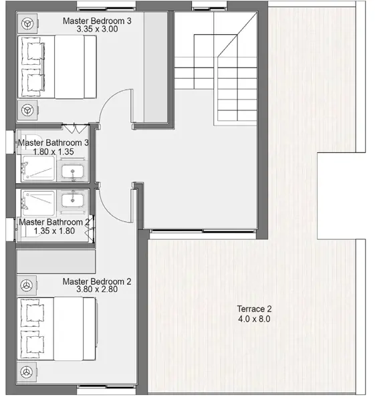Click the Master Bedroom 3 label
tap(97, 21)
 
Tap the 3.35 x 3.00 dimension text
tap(97, 29)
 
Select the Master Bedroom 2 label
tap(97, 281)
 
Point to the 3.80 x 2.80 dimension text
tap(97, 290)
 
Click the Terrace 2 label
tap(254, 309)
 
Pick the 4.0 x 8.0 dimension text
tap(254, 319)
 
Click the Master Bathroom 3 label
tap(53, 143)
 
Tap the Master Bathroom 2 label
tap(53, 222)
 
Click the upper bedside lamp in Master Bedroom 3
tap(27, 23)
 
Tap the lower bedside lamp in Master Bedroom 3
tap(27, 109)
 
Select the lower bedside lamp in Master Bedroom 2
tap(27, 371)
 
